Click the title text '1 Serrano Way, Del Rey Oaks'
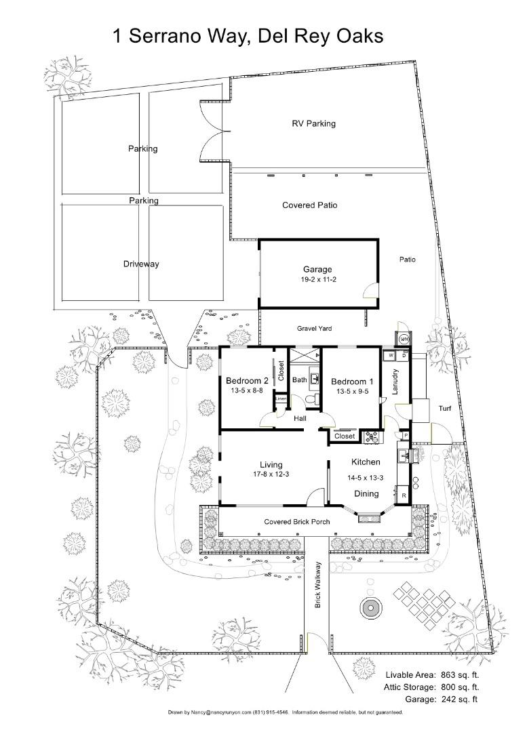point(248,35)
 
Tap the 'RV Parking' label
point(313,123)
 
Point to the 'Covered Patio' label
point(309,205)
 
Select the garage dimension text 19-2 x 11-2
point(317,279)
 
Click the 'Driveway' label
point(141,264)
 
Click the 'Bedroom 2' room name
point(248,381)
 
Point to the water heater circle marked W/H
point(404,339)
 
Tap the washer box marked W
point(391,355)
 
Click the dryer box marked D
point(404,355)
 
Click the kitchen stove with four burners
point(372,438)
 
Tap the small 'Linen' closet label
point(281,400)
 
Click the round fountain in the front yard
point(370,608)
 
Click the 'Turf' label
point(445,409)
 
